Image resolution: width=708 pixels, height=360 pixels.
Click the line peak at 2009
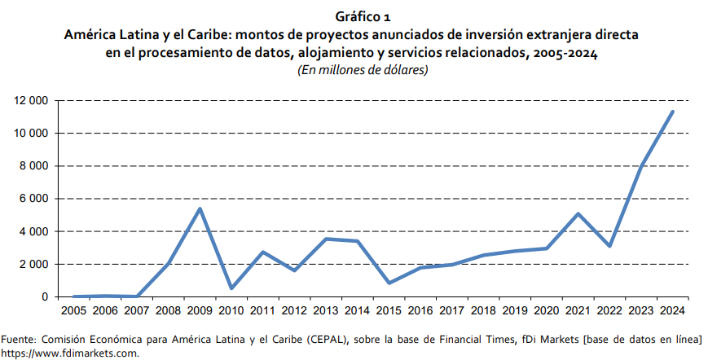(200, 209)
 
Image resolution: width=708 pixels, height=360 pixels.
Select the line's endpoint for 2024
(672, 112)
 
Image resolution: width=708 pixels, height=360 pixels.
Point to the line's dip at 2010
(232, 288)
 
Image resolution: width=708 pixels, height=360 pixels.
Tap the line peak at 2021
(578, 214)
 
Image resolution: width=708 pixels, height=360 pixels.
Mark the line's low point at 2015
(389, 283)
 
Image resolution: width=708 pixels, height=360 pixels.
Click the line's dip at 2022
(609, 246)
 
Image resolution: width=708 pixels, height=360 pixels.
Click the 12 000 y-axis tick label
(29, 101)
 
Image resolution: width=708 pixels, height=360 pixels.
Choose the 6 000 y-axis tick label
(32, 199)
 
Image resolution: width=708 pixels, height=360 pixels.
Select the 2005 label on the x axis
(74, 311)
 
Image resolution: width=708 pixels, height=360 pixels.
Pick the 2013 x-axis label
(326, 311)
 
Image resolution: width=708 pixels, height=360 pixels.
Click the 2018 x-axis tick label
(483, 311)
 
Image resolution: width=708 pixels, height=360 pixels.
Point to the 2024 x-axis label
(672, 311)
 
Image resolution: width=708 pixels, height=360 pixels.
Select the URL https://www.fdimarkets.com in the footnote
(70, 353)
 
